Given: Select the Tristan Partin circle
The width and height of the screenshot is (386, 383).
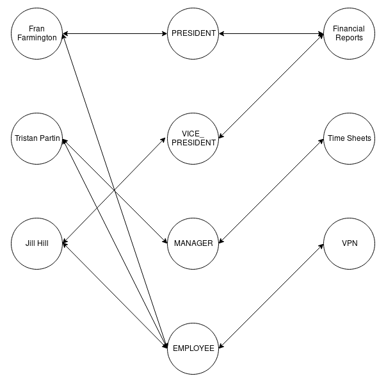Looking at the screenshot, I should coord(37,138).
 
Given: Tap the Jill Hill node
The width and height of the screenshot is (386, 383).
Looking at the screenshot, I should coord(37,243).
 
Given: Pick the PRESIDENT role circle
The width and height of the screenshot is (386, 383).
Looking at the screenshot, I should coord(193,33).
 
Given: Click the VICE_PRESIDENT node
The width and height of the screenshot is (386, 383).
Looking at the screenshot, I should coord(193,138).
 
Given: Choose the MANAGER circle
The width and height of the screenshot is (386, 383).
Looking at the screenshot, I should coord(193,243).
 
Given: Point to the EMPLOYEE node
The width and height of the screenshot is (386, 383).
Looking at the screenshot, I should coord(193,348).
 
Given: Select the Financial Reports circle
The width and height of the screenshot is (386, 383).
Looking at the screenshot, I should coord(348,33).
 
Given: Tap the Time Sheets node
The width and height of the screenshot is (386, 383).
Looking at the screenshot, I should coord(348,138).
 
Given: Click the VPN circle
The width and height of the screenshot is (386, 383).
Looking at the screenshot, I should coord(348,243).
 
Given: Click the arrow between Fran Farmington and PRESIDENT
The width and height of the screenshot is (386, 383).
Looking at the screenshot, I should coord(115,33).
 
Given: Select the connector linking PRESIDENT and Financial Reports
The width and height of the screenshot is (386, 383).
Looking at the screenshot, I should coord(271,33).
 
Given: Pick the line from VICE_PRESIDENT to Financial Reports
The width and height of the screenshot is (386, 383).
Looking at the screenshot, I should coord(271,86).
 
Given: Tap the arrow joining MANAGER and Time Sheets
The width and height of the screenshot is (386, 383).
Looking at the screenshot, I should coord(271,191).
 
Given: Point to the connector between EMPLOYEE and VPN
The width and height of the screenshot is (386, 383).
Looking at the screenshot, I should coord(271,296).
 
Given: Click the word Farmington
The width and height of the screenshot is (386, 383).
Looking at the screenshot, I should coord(37,38).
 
